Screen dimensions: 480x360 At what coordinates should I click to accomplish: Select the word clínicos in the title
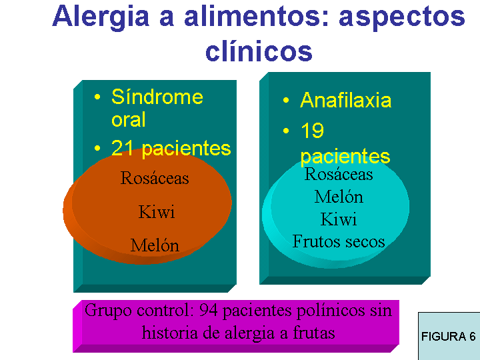click(x=259, y=51)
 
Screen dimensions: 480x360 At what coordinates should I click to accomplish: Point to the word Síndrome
click(x=157, y=97)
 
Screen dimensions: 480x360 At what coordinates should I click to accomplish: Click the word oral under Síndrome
click(x=128, y=119)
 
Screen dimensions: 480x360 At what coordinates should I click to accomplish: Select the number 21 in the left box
click(x=122, y=148)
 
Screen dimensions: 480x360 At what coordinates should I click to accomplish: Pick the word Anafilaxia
click(x=345, y=100)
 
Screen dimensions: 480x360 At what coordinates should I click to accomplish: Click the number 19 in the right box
click(x=312, y=130)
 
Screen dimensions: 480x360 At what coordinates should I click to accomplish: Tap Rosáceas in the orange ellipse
click(x=155, y=178)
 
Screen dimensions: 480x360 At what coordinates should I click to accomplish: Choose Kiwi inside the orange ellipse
click(x=157, y=211)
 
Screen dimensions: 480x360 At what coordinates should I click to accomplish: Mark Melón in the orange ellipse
click(x=155, y=245)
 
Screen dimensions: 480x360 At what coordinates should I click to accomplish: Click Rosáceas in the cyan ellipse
click(x=339, y=174)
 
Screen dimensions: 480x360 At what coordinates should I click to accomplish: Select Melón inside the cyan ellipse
click(x=339, y=196)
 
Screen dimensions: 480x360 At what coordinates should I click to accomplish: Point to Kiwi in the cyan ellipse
click(x=339, y=219)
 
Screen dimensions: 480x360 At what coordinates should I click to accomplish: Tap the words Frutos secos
click(x=339, y=241)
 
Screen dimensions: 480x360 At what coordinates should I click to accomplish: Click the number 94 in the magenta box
click(x=209, y=310)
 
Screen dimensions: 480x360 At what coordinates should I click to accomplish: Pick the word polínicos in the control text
click(x=331, y=311)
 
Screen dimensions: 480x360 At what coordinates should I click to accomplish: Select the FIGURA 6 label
click(x=449, y=337)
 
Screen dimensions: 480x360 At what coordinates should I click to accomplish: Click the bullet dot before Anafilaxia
click(x=286, y=101)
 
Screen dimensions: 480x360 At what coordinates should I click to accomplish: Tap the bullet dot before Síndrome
click(x=97, y=97)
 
